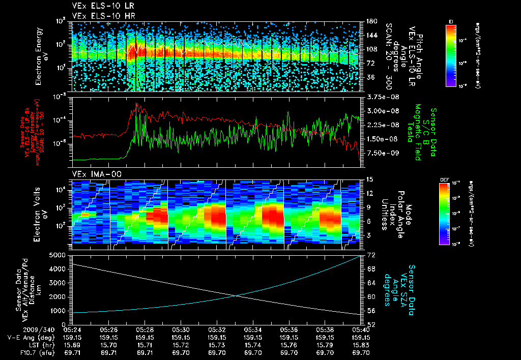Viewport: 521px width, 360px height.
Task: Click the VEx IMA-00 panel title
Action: [x=92, y=174]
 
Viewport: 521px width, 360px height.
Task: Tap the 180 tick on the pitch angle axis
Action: [x=370, y=21]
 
